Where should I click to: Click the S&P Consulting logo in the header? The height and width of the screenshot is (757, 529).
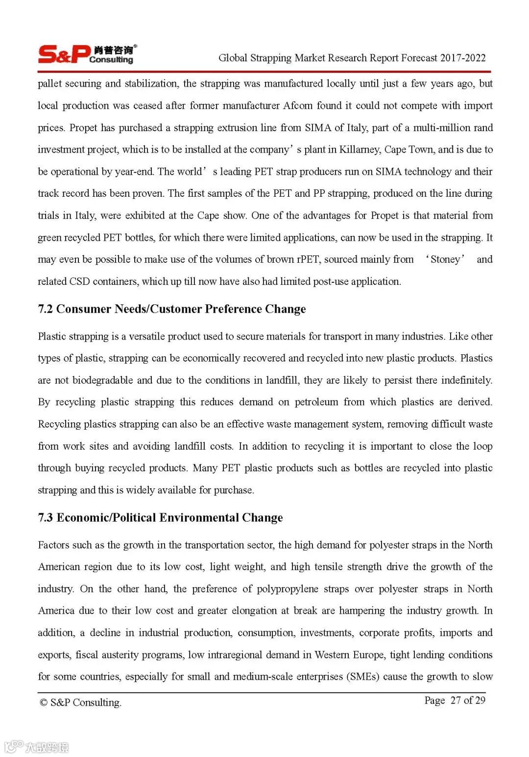[x=87, y=54]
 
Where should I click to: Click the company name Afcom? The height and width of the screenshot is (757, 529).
[x=298, y=106]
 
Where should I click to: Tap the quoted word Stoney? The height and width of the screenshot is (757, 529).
[x=445, y=259]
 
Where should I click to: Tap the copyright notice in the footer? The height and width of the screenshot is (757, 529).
[x=80, y=703]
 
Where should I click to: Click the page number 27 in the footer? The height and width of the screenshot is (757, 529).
[x=456, y=700]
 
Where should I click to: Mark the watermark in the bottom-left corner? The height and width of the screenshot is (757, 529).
[x=37, y=747]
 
